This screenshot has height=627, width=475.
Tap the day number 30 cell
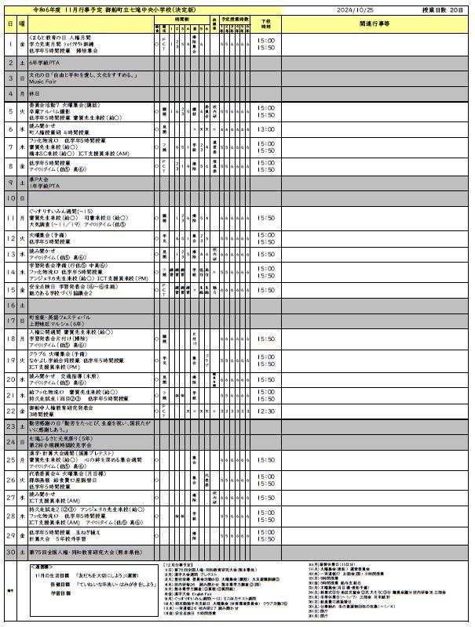point(10,552)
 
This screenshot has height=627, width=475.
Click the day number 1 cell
point(10,45)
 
